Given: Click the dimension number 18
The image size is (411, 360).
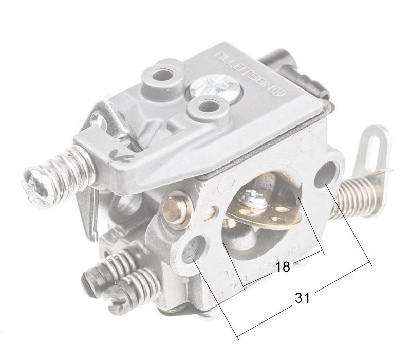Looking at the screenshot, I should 283,266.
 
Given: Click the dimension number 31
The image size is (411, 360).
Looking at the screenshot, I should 302,297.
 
